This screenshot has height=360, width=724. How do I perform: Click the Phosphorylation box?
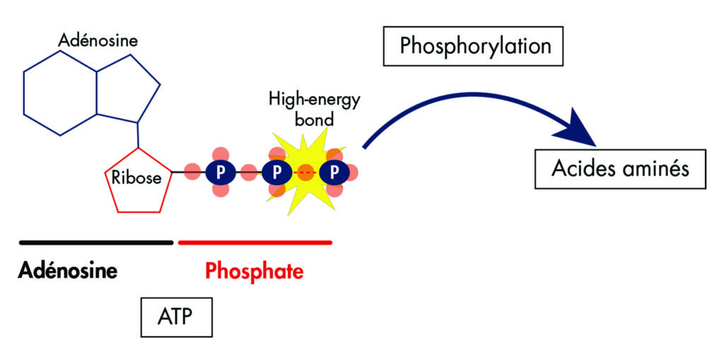pyautogui.click(x=474, y=47)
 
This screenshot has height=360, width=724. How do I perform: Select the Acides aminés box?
pyautogui.click(x=619, y=169)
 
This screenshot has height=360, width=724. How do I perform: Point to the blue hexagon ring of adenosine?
pyautogui.click(x=60, y=93)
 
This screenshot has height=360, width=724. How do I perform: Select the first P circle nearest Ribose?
pyautogui.click(x=219, y=172)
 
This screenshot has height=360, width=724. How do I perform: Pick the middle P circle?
pyautogui.click(x=276, y=172)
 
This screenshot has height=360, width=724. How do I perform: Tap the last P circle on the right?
pyautogui.click(x=334, y=172)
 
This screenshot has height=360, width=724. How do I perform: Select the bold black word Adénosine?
pyautogui.click(x=68, y=271)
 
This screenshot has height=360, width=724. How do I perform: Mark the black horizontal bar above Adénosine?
pyautogui.click(x=96, y=242)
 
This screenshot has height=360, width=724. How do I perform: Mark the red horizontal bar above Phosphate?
pyautogui.click(x=255, y=242)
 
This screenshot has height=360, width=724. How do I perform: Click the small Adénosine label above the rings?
pyautogui.click(x=98, y=41)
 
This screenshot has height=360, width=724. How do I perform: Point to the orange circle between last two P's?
pyautogui.click(x=305, y=172)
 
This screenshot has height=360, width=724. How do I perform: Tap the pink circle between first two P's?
pyautogui.click(x=248, y=172)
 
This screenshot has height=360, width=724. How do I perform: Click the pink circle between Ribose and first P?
pyautogui.click(x=192, y=172)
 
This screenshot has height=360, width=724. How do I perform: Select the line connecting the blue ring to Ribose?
pyautogui.click(x=139, y=134)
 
